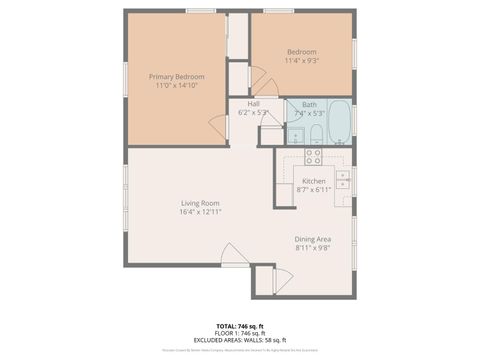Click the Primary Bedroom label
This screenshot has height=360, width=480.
point(177,76)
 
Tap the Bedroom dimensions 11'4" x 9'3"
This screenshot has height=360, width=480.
point(302,61)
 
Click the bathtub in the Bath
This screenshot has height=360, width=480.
point(334,121)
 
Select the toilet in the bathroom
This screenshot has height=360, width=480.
point(313,135)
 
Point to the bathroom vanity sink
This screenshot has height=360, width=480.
point(296,137)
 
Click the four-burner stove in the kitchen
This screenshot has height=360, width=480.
point(313,156)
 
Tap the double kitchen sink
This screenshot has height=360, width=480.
point(342,180)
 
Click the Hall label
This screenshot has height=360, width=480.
point(254,103)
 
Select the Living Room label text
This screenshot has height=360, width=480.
point(199,204)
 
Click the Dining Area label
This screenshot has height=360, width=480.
point(313,238)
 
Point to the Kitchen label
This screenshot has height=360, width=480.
point(314,181)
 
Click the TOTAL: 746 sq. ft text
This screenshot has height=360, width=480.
point(240,326)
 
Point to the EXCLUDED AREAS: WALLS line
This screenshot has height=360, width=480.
point(240,340)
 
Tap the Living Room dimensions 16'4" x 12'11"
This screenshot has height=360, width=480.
point(199,213)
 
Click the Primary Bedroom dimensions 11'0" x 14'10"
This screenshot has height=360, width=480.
point(177,86)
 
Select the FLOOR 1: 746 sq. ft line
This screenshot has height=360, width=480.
point(240,333)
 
